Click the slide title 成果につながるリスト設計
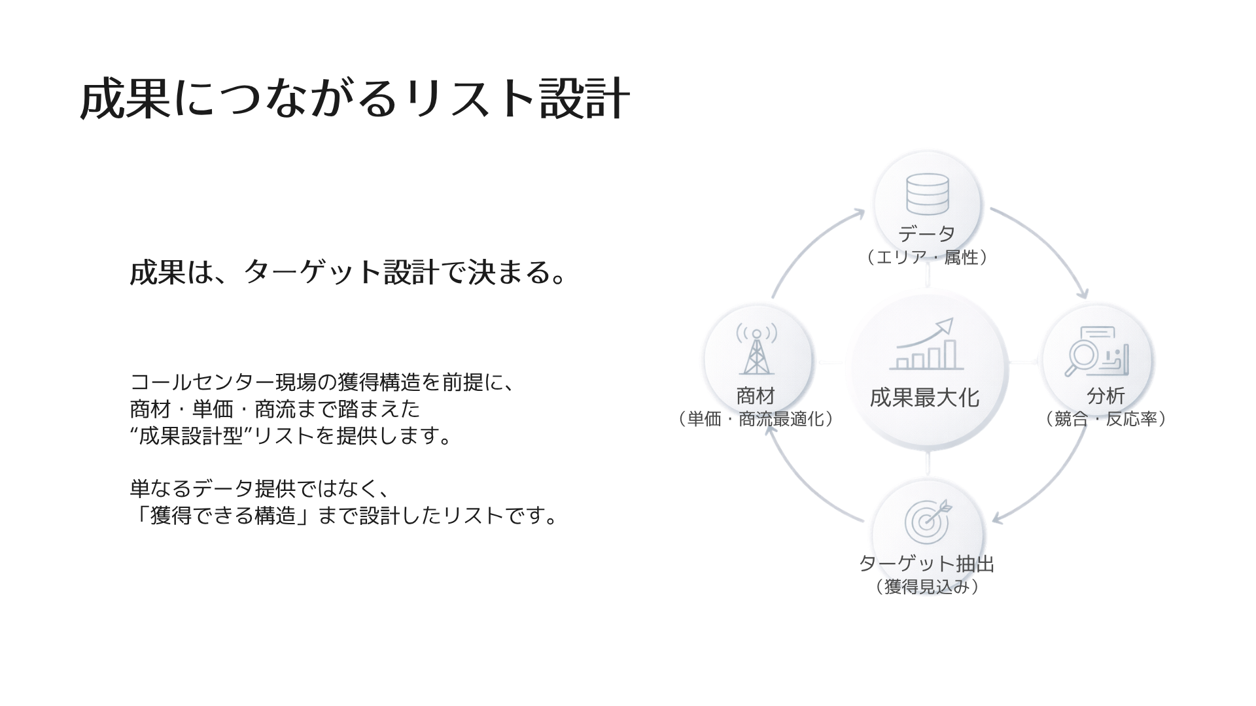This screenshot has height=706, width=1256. [x=355, y=100]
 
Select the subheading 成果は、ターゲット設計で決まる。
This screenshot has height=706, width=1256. [x=347, y=272]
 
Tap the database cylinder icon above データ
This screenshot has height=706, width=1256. [x=927, y=194]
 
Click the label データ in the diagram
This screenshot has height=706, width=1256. [x=926, y=233]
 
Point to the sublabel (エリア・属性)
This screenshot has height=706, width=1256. [x=926, y=258]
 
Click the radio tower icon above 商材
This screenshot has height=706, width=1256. [x=757, y=350]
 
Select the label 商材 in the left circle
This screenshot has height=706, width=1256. [x=756, y=395]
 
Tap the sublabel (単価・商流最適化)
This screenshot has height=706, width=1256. [x=756, y=419]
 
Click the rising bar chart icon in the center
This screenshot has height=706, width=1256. [x=926, y=345]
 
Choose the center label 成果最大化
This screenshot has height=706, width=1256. [x=924, y=397]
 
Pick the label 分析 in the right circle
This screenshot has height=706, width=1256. [x=1106, y=395]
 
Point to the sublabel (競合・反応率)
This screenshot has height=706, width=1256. [x=1106, y=419]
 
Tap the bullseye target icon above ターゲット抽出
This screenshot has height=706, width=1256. [x=928, y=520]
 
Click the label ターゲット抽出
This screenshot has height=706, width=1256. [x=926, y=563]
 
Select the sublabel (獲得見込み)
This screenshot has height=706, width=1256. [x=926, y=587]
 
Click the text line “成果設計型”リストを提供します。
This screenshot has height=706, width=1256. [x=292, y=436]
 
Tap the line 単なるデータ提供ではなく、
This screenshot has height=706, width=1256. [x=260, y=489]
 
